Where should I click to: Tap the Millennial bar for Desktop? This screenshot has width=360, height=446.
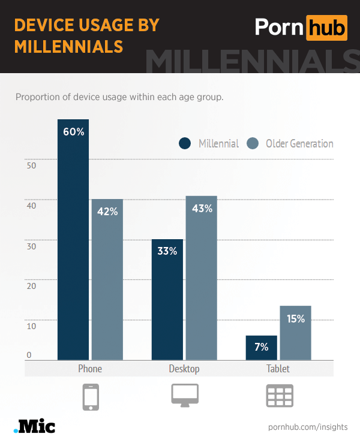click(x=167, y=300)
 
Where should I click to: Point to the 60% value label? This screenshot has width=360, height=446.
click(x=73, y=132)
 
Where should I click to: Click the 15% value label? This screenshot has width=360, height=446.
click(x=296, y=319)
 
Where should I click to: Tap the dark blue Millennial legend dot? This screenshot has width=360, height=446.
click(x=185, y=143)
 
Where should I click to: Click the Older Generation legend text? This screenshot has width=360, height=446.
click(x=299, y=143)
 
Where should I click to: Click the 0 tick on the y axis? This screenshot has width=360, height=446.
click(x=29, y=355)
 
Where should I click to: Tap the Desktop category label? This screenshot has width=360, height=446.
click(x=184, y=369)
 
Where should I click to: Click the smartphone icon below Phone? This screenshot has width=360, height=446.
click(x=91, y=397)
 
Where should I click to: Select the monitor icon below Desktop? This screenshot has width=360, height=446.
click(x=185, y=396)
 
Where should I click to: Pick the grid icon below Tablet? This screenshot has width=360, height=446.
click(x=279, y=396)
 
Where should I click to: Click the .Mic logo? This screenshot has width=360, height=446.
click(x=34, y=426)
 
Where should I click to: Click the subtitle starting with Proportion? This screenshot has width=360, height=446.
click(x=119, y=97)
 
